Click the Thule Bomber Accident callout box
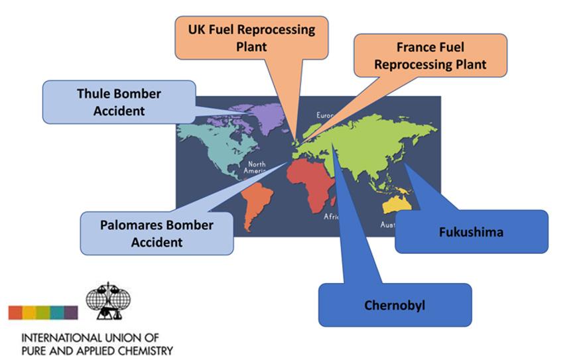119,102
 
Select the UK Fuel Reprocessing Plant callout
251,38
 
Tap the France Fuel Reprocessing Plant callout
430,56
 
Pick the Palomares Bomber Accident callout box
157,233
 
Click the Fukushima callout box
471,232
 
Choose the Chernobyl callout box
395,305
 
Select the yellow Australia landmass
399,204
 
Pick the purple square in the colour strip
71,312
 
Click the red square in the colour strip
15,312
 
